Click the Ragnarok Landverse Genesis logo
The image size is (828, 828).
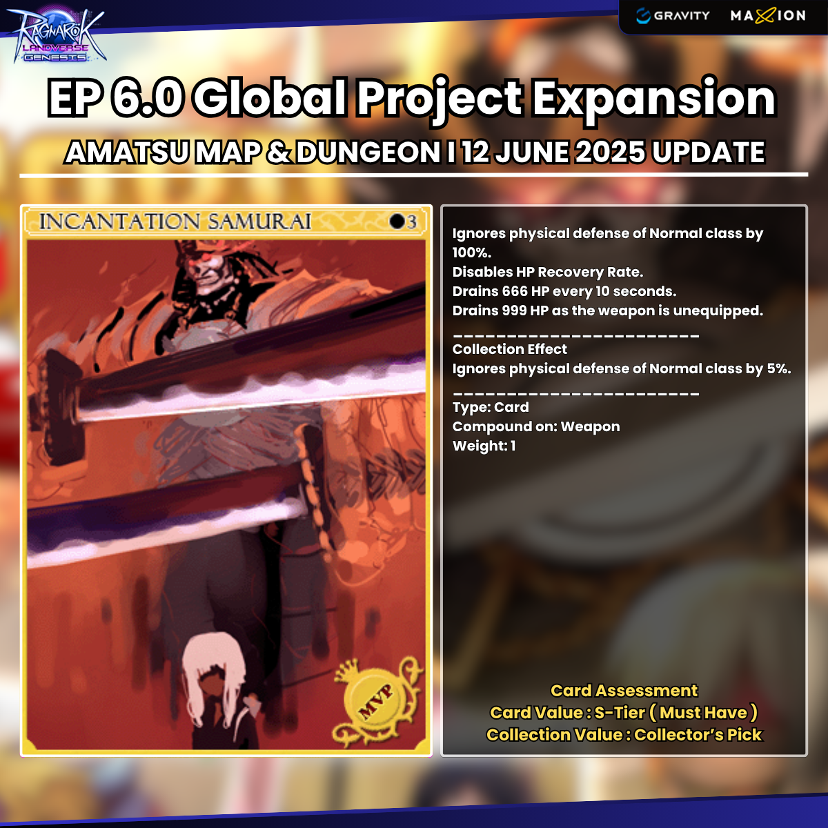coord(56,35)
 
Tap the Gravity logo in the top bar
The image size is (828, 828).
coord(673,16)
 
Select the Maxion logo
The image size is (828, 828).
coord(768,16)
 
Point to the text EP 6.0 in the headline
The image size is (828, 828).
coord(115,97)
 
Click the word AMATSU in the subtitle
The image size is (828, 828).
coord(127,152)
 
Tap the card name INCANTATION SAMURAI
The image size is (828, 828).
coord(175,221)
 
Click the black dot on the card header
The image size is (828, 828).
coord(397,221)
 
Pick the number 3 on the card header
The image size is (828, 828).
coord(412,221)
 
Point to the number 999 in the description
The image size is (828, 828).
coord(513,310)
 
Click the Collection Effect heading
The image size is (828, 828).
coord(510,349)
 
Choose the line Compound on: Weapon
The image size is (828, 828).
coord(536,426)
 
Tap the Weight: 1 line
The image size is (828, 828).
coord(484,446)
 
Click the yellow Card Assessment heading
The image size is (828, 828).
coord(624,691)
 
